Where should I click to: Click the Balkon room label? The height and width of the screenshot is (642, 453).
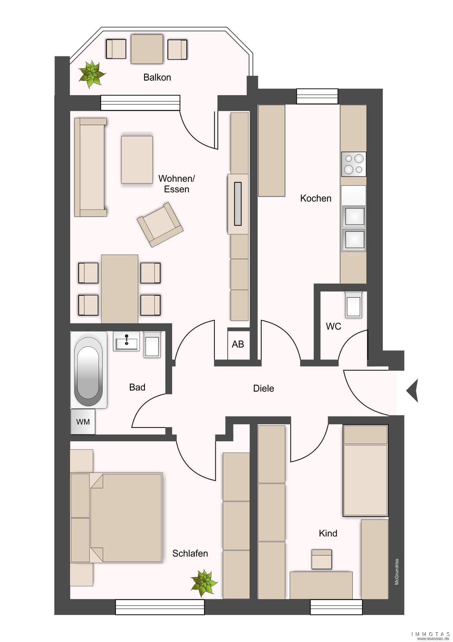point(157,77)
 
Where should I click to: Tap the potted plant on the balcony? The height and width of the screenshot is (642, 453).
point(92,74)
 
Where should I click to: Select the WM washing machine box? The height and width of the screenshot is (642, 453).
point(83,421)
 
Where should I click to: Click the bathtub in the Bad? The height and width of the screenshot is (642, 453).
point(88,370)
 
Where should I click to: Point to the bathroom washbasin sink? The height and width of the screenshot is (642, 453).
point(126,341)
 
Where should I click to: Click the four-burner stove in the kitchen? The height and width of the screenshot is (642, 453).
point(354,164)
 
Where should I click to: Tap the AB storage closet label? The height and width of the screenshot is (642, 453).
point(238,344)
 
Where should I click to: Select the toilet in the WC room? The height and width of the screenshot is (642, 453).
point(354,304)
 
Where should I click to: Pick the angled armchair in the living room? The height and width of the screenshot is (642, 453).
point(160,224)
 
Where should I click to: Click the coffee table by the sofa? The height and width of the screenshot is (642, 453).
point(137,160)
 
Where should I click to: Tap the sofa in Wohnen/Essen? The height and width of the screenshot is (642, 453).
point(90,167)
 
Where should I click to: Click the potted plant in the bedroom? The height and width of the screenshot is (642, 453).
point(204,583)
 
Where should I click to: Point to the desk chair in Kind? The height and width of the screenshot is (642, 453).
point(322,559)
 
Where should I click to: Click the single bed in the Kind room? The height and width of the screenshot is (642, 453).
point(365,471)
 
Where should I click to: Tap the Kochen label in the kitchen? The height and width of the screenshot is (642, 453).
point(316,198)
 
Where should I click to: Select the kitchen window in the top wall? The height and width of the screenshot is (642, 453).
point(317,96)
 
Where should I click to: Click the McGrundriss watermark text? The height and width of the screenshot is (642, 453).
point(397,572)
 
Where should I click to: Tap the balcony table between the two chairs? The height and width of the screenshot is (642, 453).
point(147,49)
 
